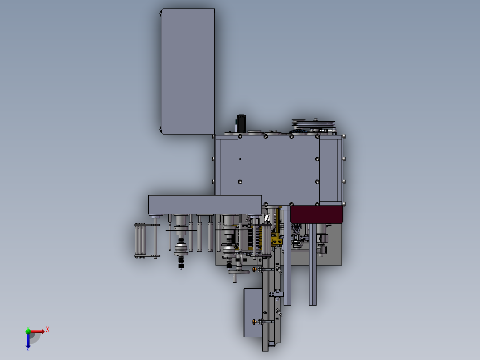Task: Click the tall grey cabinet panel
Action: coord(188,71)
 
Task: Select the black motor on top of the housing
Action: coord(241,123)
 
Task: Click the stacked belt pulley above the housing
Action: coord(313,124)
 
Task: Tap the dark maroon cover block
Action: coord(317,214)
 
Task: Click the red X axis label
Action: coord(48,330)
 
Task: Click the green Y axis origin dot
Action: coord(28,331)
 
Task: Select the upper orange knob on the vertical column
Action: coord(254,269)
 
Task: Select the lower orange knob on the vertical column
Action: coord(254,322)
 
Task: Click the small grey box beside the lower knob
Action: coord(253,312)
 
